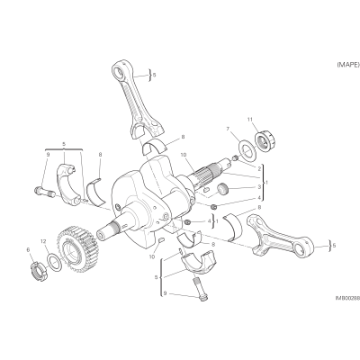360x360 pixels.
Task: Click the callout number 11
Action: pos(249,119)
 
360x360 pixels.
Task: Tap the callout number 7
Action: pos(228,129)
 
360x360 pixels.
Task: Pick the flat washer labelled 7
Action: pos(247,149)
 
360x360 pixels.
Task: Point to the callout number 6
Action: pos(29,249)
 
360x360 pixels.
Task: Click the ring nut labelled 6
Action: pos(40,272)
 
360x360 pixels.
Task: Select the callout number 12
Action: pos(43,241)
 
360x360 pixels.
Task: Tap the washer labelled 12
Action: pos(55,261)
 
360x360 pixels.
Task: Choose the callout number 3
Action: pos(259,186)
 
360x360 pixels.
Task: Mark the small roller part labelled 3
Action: pos(222,190)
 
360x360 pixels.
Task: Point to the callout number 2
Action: pos(259,169)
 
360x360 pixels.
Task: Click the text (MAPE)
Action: pos(348,65)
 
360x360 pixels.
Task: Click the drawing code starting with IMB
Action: pos(347,298)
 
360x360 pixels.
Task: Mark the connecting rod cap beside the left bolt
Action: pos(69,184)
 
